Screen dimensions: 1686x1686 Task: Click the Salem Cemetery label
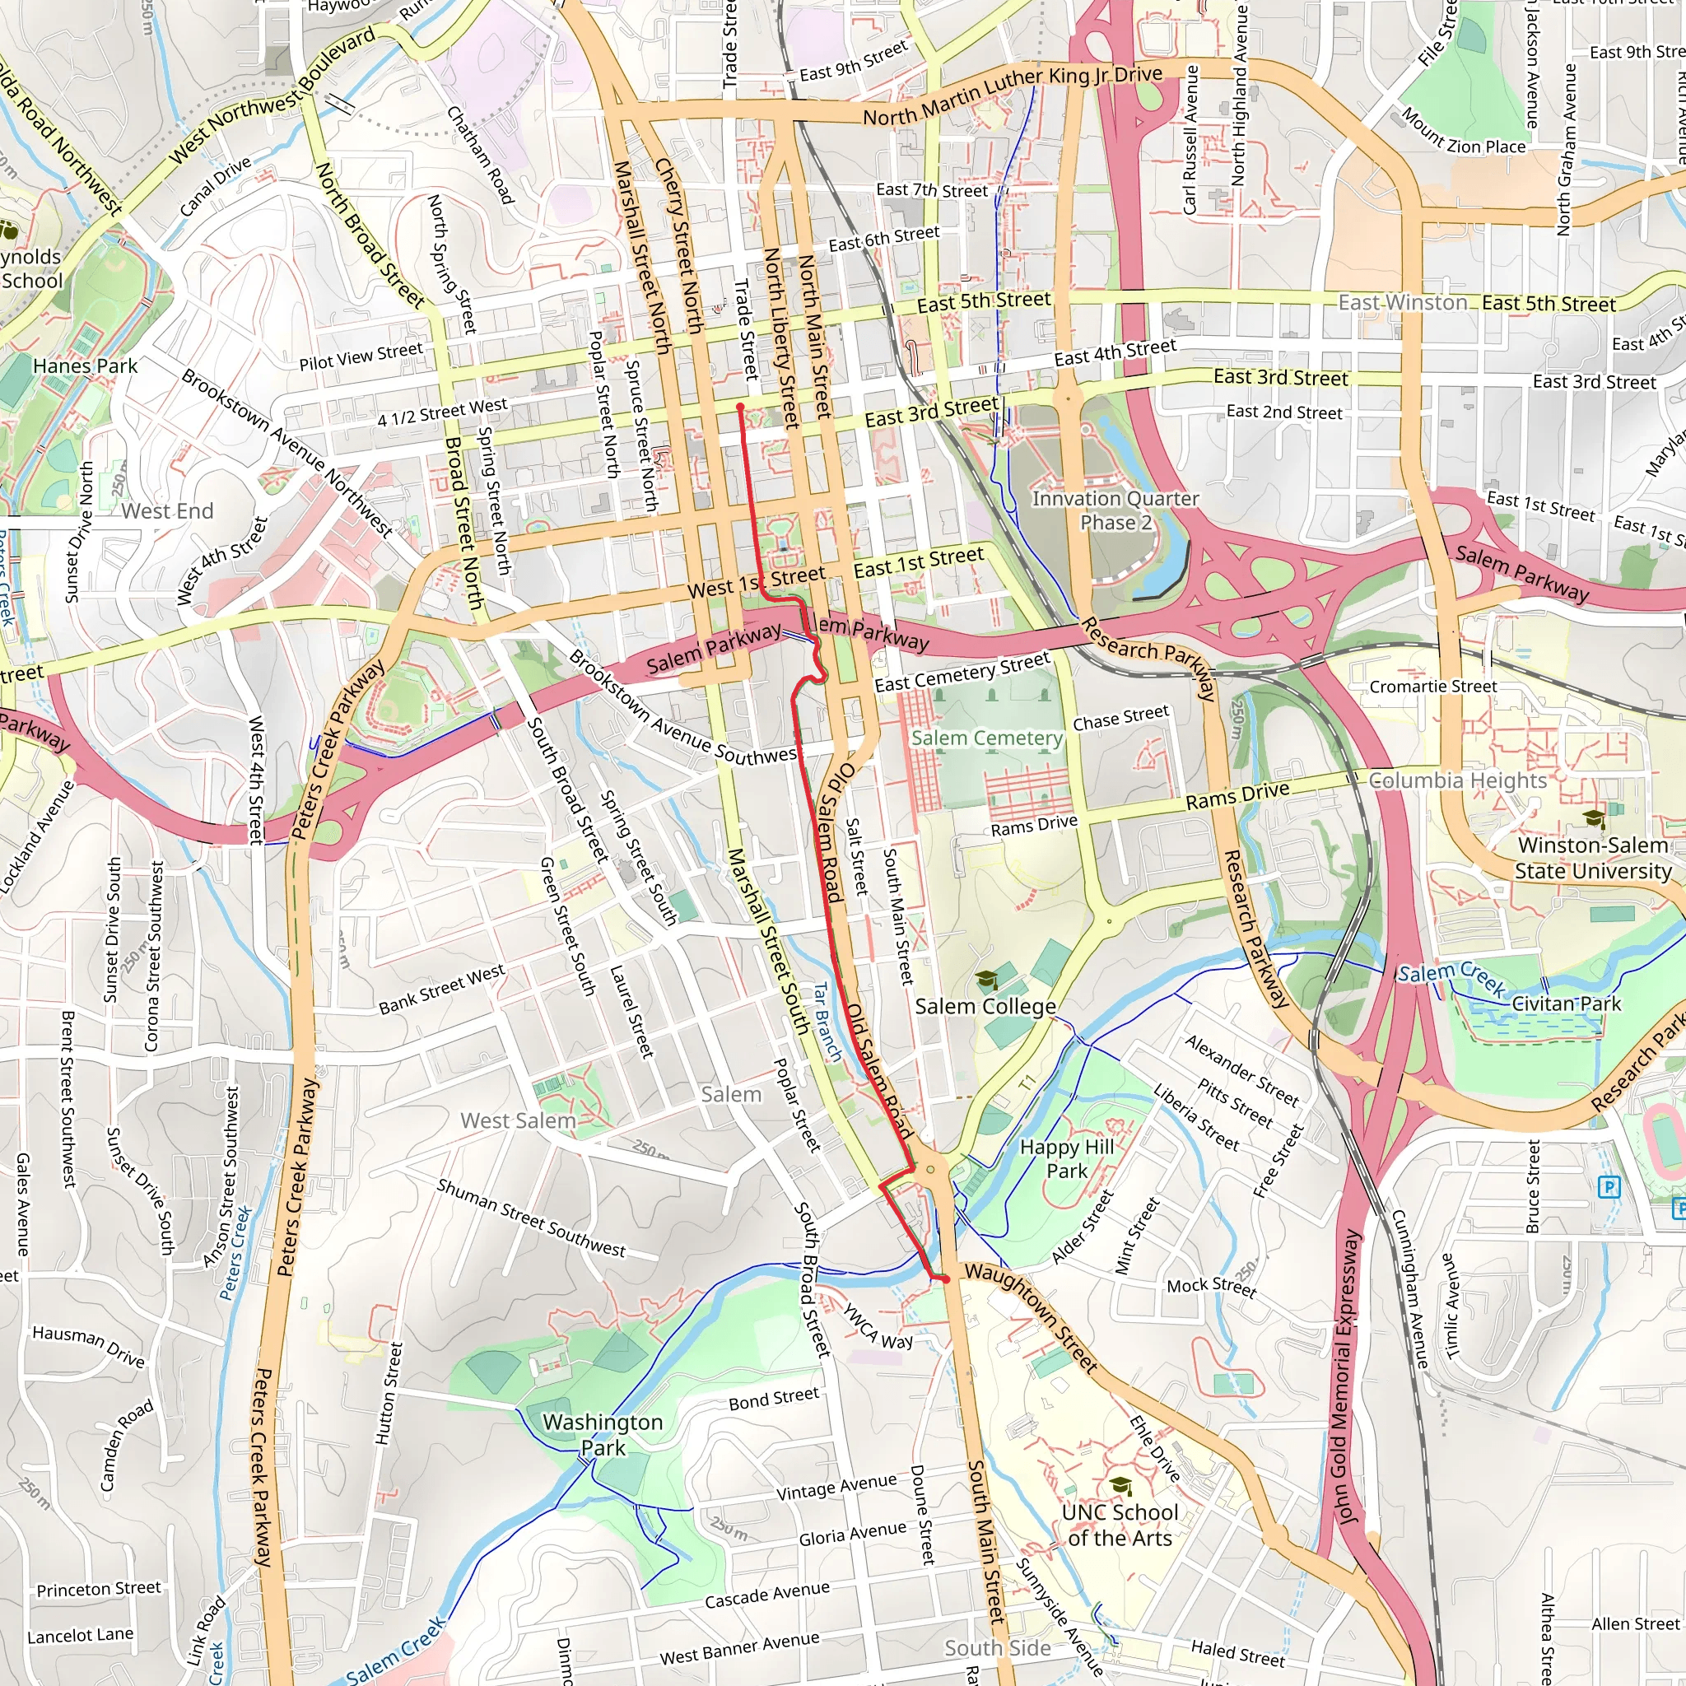[987, 738]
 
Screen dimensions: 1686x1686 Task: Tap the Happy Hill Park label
[1066, 1159]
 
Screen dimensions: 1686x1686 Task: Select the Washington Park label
[602, 1435]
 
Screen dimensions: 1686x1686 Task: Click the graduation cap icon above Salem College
[986, 980]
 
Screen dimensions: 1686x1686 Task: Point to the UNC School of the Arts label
[1120, 1525]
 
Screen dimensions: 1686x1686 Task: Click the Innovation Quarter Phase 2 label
[1115, 510]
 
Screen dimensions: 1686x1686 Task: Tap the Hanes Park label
[85, 366]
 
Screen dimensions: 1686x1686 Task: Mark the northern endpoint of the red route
[740, 407]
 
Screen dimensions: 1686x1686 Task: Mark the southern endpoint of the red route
[945, 1279]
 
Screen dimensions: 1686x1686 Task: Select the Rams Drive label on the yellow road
[1237, 796]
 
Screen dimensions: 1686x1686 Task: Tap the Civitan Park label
[1566, 1004]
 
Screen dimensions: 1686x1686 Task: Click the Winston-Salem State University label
[1593, 858]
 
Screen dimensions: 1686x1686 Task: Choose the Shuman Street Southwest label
[531, 1218]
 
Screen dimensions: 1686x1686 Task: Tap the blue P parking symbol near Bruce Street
[1609, 1187]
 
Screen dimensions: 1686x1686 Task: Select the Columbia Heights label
[1456, 780]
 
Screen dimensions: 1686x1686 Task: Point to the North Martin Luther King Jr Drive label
[1013, 94]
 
